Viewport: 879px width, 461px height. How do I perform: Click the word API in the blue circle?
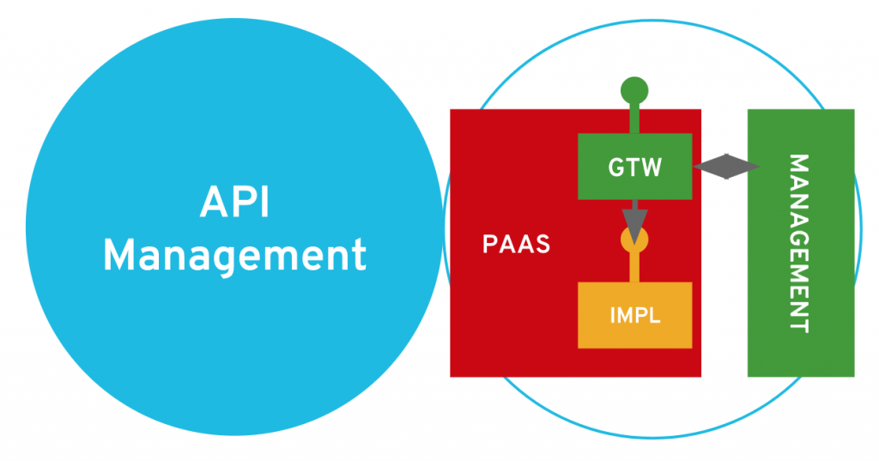(x=234, y=204)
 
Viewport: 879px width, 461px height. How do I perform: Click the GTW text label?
(x=635, y=167)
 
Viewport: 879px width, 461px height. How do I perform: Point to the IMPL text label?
(x=634, y=315)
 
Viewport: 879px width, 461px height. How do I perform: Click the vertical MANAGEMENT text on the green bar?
(x=798, y=243)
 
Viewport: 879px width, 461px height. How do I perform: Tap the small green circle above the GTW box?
(x=634, y=89)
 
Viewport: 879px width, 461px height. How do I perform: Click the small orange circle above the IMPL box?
(x=634, y=238)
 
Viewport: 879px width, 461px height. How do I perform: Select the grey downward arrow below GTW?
(x=634, y=221)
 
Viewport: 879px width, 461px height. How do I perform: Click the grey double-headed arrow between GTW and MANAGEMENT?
(x=725, y=167)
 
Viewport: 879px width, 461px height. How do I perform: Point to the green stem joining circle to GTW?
(x=634, y=118)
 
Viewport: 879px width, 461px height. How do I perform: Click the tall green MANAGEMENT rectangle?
(x=800, y=343)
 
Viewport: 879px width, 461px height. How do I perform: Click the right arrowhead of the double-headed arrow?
(x=749, y=167)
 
